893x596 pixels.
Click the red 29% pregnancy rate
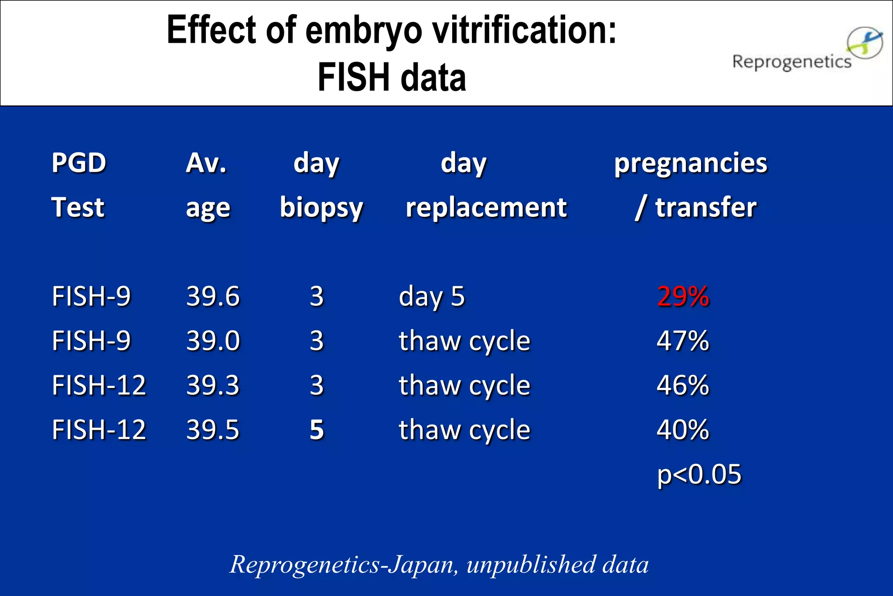pyautogui.click(x=683, y=297)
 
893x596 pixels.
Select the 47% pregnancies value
pyautogui.click(x=683, y=341)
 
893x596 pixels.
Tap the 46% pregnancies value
pyautogui.click(x=683, y=385)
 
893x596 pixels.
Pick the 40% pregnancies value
pyautogui.click(x=683, y=430)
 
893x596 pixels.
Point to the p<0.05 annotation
pyautogui.click(x=699, y=474)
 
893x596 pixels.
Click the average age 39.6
pyautogui.click(x=213, y=297)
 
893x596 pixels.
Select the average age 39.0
pyautogui.click(x=213, y=341)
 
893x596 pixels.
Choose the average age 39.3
pyautogui.click(x=213, y=385)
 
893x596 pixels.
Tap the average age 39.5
pyautogui.click(x=213, y=430)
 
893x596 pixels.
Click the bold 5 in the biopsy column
pyautogui.click(x=317, y=430)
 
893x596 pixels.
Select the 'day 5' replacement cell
pyautogui.click(x=432, y=297)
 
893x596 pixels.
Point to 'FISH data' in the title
pyautogui.click(x=392, y=77)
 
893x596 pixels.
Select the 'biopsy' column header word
pyautogui.click(x=321, y=208)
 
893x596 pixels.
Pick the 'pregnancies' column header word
pyautogui.click(x=691, y=163)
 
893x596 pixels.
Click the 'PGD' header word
pyautogui.click(x=79, y=163)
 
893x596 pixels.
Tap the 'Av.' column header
pyautogui.click(x=206, y=163)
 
